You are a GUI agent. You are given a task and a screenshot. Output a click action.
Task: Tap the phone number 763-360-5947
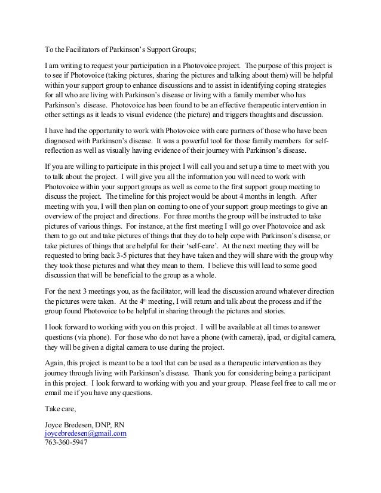(x=66, y=443)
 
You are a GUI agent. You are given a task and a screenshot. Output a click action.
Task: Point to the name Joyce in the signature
(x=56, y=424)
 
